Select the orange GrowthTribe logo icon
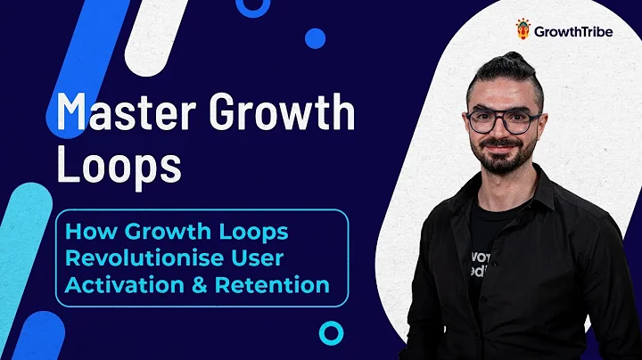[523, 30]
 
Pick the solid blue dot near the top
[315, 37]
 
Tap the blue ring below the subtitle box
[332, 332]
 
